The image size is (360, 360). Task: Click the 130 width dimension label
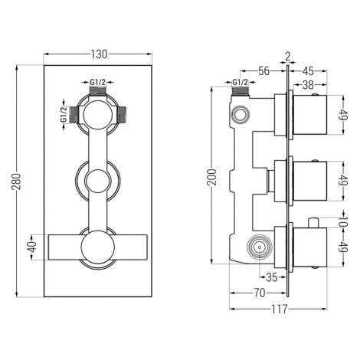[99, 54]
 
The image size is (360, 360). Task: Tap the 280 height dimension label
[16, 182]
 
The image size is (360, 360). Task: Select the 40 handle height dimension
[33, 247]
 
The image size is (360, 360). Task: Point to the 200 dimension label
[212, 177]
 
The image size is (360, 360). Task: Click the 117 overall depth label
[279, 309]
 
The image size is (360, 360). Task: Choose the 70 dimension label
[260, 293]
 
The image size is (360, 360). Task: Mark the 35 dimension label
[271, 277]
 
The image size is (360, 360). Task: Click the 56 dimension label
[263, 71]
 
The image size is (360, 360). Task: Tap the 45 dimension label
[308, 71]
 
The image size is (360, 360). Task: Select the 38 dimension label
[308, 85]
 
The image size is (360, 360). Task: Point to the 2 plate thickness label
[288, 57]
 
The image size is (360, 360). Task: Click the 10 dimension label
[344, 221]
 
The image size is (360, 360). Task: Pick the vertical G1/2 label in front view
[64, 114]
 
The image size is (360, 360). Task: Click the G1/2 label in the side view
[240, 82]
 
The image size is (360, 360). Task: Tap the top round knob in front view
[97, 115]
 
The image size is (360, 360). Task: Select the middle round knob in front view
[98, 181]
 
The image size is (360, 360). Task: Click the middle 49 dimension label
[344, 181]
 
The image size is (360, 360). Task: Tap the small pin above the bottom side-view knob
[313, 222]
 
